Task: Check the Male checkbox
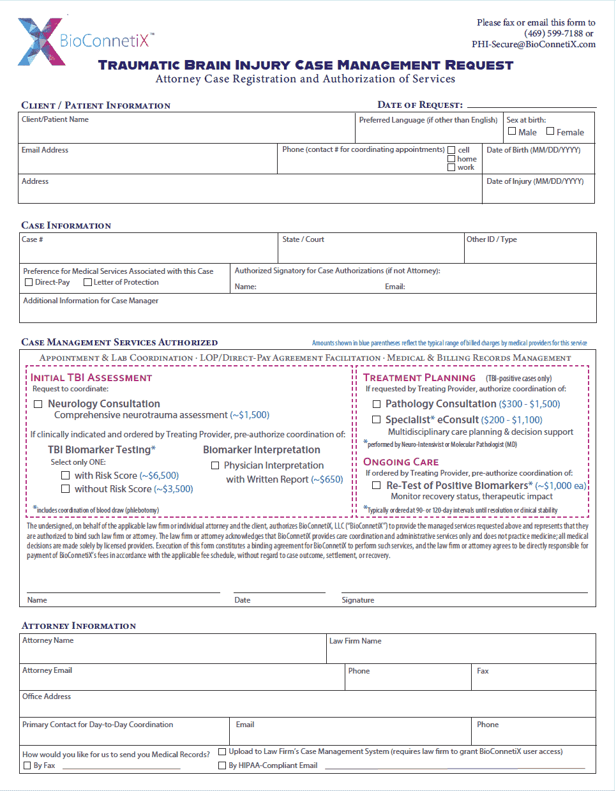pyautogui.click(x=512, y=132)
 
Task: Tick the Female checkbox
pyautogui.click(x=550, y=132)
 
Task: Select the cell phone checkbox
pyautogui.click(x=451, y=151)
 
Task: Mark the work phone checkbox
pyautogui.click(x=451, y=167)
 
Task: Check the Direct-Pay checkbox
pyautogui.click(x=29, y=282)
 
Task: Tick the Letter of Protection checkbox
pyautogui.click(x=87, y=282)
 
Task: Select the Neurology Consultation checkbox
pyautogui.click(x=38, y=404)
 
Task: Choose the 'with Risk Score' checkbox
pyautogui.click(x=65, y=476)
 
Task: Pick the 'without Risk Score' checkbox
pyautogui.click(x=65, y=489)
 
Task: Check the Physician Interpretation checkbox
pyautogui.click(x=215, y=465)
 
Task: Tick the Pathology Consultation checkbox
pyautogui.click(x=377, y=404)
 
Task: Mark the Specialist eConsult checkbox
pyautogui.click(x=377, y=420)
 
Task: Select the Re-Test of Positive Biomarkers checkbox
pyautogui.click(x=377, y=486)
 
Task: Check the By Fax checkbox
pyautogui.click(x=27, y=765)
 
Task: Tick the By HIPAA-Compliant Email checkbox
pyautogui.click(x=222, y=765)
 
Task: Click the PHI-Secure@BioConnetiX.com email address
pyautogui.click(x=534, y=44)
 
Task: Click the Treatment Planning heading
pyautogui.click(x=419, y=378)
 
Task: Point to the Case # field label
pyautogui.click(x=33, y=239)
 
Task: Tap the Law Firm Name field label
pyautogui.click(x=356, y=641)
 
